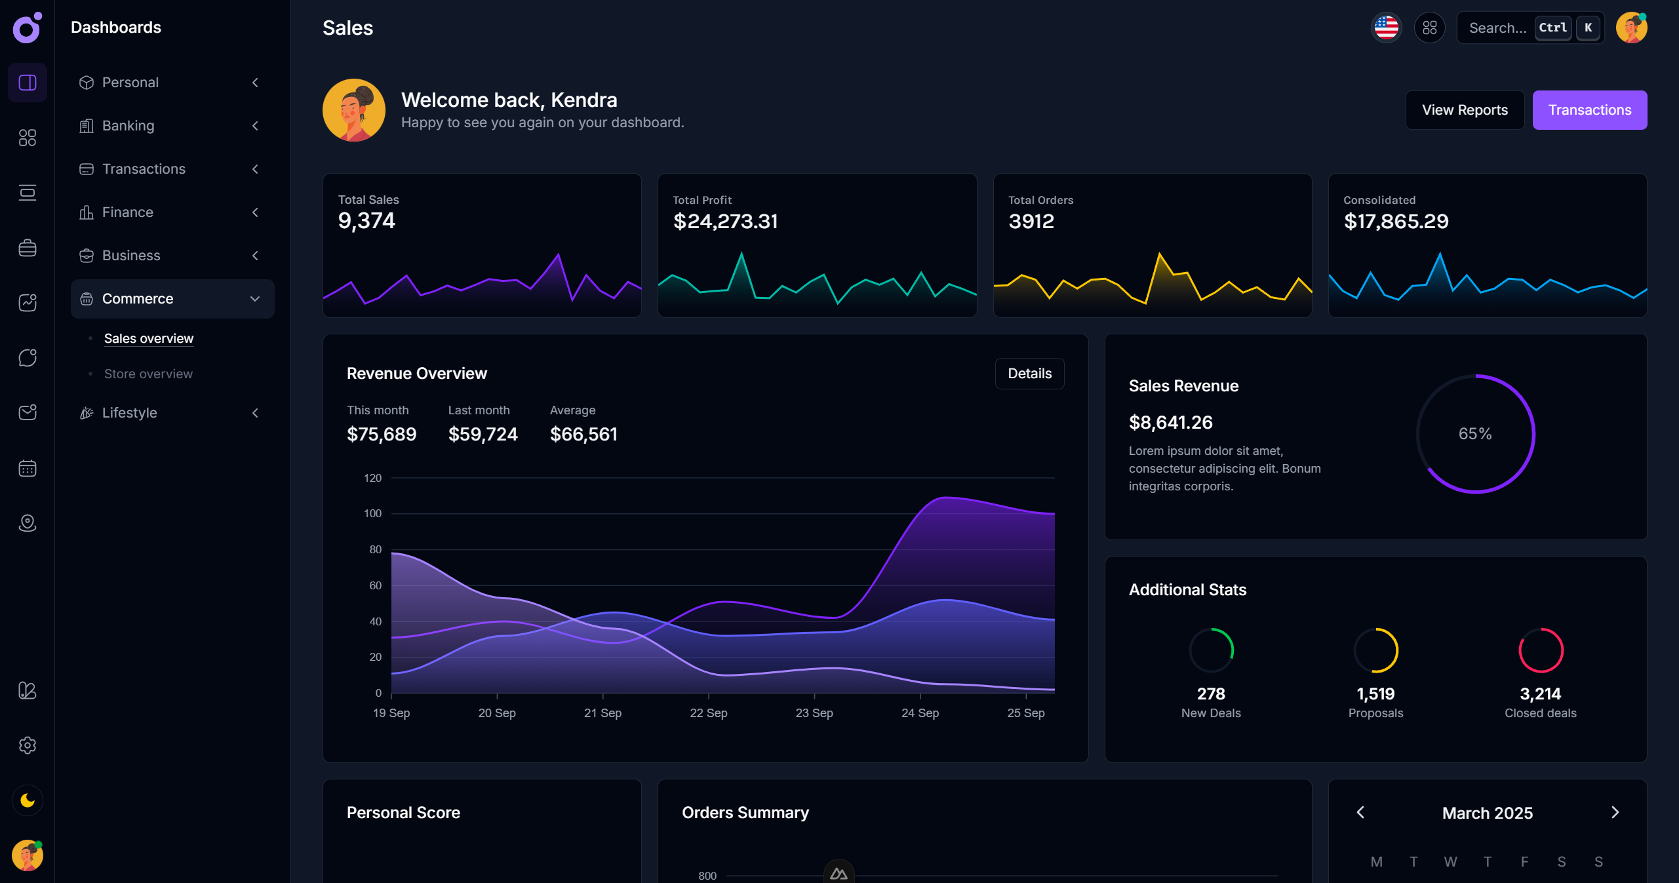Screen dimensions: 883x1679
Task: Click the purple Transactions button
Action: [1589, 110]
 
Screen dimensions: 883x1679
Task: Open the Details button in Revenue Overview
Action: [1029, 374]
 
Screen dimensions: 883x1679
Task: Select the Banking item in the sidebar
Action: [128, 126]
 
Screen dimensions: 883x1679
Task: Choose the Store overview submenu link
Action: [148, 374]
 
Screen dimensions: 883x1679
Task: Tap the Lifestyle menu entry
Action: [130, 413]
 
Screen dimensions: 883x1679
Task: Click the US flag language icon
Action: [1386, 28]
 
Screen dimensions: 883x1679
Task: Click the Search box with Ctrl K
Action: [1497, 28]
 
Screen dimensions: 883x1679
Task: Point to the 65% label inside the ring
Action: [1474, 434]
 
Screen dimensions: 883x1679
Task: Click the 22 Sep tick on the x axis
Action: [708, 713]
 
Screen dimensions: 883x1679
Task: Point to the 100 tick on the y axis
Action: [372, 513]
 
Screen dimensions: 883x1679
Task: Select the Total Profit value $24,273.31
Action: [725, 222]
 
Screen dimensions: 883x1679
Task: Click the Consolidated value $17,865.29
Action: [1396, 222]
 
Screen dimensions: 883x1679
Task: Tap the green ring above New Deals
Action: [1211, 650]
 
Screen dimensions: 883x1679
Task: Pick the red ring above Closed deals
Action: [1540, 650]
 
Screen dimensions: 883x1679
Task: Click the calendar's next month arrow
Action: [1614, 813]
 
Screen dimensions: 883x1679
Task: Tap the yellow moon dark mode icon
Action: [28, 800]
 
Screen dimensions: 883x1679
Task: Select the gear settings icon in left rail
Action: [28, 745]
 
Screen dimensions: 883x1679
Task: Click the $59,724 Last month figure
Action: [483, 434]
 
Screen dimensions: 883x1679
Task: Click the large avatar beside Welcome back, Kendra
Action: [354, 110]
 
